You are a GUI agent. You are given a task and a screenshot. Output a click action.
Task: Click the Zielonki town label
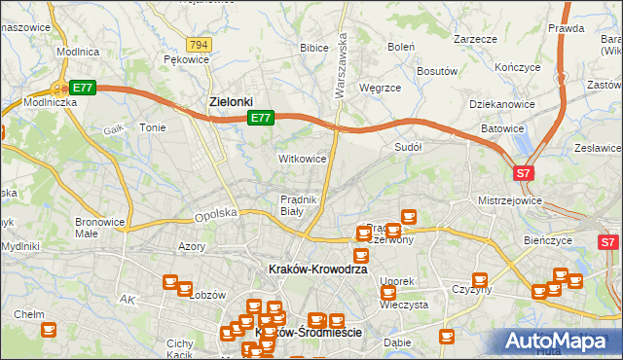[232, 101]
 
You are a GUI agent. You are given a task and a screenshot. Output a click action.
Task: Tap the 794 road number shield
[200, 45]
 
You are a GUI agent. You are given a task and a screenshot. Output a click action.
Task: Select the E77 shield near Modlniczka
[83, 88]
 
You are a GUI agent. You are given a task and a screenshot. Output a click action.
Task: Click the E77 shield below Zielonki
[259, 118]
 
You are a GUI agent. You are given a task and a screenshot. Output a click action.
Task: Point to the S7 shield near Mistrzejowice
[524, 173]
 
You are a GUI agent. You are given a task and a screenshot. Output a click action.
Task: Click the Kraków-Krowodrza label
[317, 269]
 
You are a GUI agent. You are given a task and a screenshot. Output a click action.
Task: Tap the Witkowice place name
[302, 158]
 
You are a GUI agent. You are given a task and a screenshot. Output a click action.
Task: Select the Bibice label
[314, 47]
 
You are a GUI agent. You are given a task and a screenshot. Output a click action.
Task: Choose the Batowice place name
[502, 128]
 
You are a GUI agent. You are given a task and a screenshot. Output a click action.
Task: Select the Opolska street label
[216, 212]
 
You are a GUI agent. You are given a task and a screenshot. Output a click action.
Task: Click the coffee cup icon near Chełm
[49, 331]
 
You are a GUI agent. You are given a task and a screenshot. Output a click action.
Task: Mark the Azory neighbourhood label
[191, 247]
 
